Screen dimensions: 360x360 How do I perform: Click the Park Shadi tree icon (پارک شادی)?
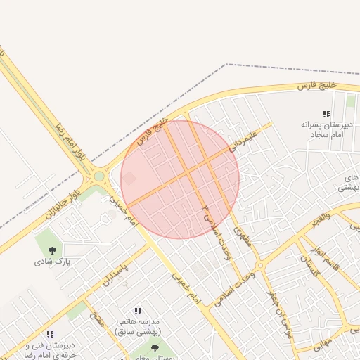[x=51, y=249]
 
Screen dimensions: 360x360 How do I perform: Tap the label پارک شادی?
[x=51, y=262]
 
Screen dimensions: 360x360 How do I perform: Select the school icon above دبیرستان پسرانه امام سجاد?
[x=326, y=114]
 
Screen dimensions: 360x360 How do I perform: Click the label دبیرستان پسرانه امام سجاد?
[x=326, y=129]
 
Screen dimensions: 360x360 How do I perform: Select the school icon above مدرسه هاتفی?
[x=138, y=311]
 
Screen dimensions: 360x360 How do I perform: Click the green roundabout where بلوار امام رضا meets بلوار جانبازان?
[x=99, y=176]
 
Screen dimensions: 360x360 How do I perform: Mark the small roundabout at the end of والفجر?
[x=259, y=266]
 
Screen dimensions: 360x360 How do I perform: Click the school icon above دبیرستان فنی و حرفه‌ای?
[x=50, y=335]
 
